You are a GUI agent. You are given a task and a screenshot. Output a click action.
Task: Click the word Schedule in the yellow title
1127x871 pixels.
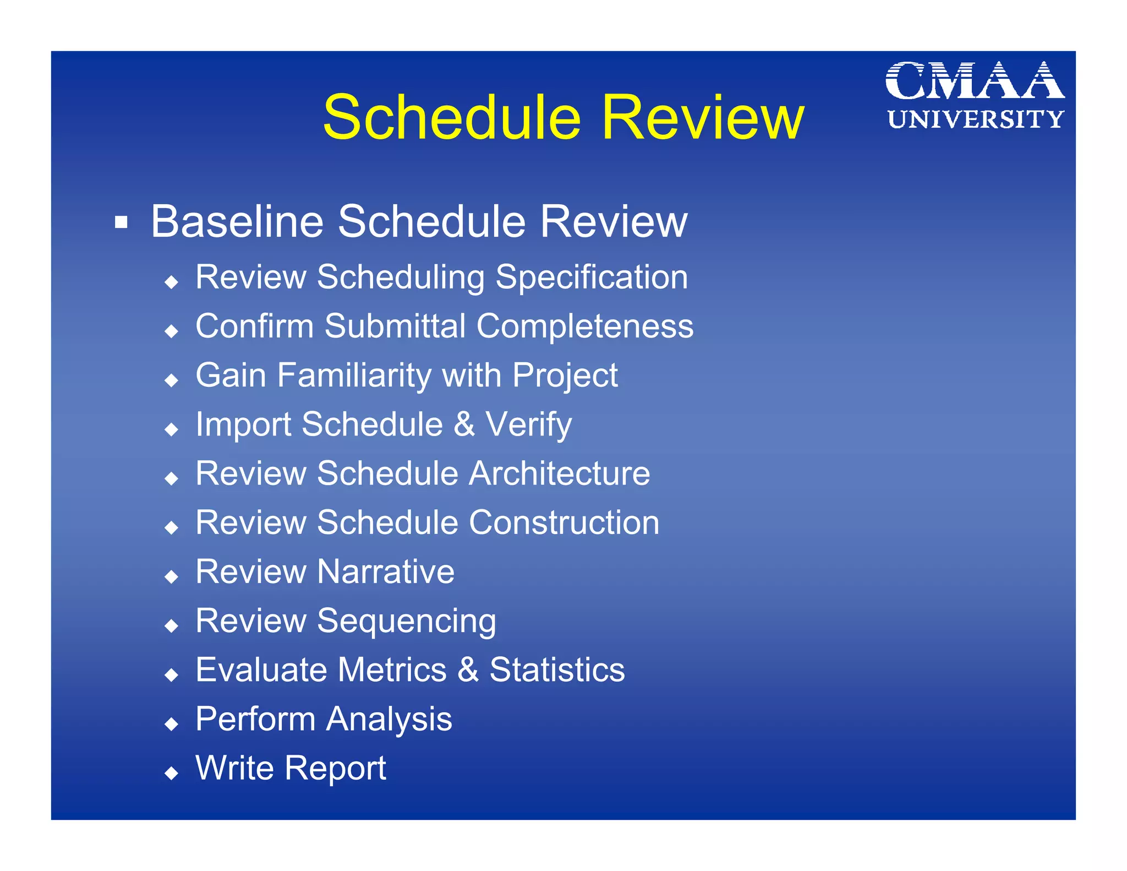tap(452, 118)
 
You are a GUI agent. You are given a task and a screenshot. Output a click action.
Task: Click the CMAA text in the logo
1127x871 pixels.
tap(975, 81)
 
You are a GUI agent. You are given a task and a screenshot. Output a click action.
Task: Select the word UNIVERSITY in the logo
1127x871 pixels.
tap(975, 119)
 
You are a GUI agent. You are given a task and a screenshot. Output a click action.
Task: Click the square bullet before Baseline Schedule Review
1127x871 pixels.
tap(121, 222)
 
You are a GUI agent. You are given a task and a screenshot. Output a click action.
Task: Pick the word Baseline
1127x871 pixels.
tap(237, 221)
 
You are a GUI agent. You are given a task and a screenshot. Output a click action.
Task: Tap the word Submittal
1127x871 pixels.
tap(395, 326)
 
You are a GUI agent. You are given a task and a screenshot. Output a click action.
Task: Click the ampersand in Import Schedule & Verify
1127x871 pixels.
tap(464, 424)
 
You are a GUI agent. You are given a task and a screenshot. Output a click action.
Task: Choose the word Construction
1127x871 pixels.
tap(564, 522)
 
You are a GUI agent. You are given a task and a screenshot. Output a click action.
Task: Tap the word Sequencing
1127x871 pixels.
tap(407, 622)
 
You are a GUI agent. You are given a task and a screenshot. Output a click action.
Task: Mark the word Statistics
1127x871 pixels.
tap(557, 670)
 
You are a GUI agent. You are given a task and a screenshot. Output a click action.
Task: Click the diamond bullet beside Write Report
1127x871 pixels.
tap(172, 773)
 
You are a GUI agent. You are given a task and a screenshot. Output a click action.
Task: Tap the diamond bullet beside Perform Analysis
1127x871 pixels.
tap(172, 723)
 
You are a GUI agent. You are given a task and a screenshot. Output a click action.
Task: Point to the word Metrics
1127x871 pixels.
tap(392, 670)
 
